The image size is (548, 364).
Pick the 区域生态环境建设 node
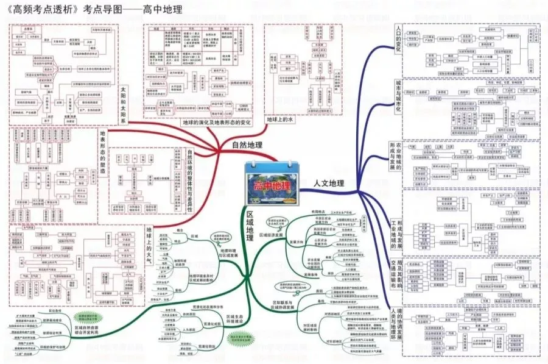click(x=236, y=318)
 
